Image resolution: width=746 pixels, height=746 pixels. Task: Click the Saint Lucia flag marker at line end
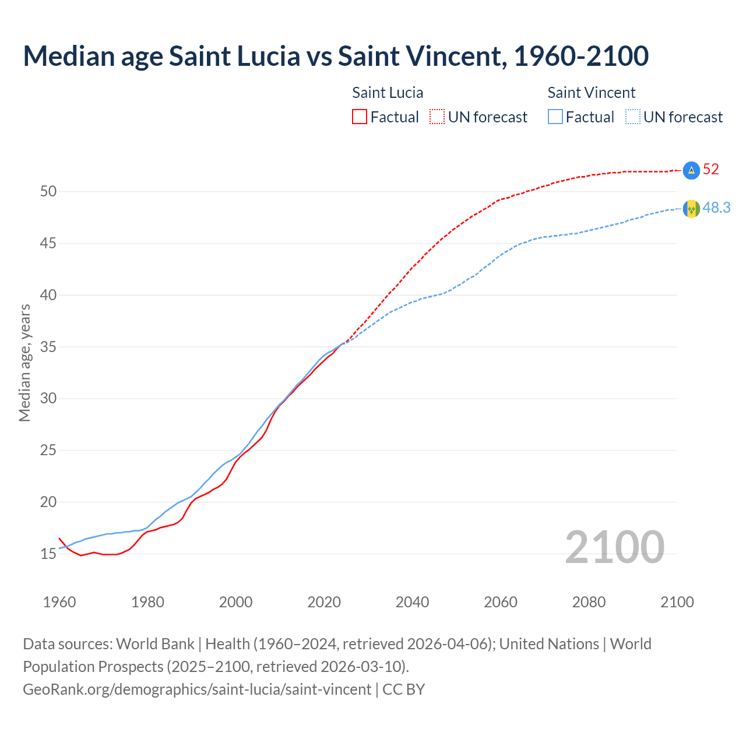pyautogui.click(x=691, y=170)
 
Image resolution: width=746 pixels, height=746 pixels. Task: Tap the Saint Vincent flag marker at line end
pyautogui.click(x=691, y=209)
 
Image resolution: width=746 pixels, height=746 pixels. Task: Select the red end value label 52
pyautogui.click(x=711, y=170)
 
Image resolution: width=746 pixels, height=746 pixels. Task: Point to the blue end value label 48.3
pyautogui.click(x=716, y=208)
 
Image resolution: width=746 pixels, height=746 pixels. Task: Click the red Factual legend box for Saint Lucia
pyautogui.click(x=360, y=117)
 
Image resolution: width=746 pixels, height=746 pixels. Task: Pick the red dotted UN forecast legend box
pyautogui.click(x=437, y=117)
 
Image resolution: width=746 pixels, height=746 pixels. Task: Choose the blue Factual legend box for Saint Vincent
pyautogui.click(x=555, y=117)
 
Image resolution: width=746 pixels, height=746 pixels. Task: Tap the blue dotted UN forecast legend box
pyautogui.click(x=632, y=117)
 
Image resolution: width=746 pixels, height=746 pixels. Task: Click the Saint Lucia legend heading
pyautogui.click(x=388, y=93)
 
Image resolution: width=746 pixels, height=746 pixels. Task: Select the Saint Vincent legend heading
pyautogui.click(x=591, y=93)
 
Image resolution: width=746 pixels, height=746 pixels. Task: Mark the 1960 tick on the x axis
pyautogui.click(x=59, y=602)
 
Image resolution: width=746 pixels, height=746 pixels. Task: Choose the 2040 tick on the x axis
pyautogui.click(x=412, y=602)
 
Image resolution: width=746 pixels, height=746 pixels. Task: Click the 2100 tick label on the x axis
pyautogui.click(x=677, y=602)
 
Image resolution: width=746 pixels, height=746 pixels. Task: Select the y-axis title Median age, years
pyautogui.click(x=24, y=363)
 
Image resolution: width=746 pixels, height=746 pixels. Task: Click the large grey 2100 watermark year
pyautogui.click(x=614, y=547)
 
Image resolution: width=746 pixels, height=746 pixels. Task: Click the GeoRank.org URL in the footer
pyautogui.click(x=197, y=689)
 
